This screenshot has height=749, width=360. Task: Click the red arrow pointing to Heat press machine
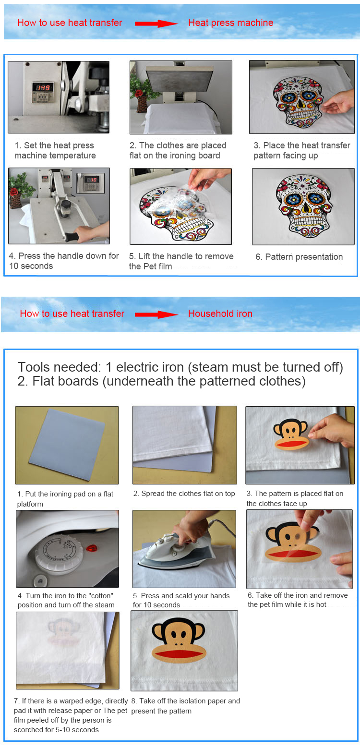coord(156,24)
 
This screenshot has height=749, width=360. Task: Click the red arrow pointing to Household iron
coord(156,314)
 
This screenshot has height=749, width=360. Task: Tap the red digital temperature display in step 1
coord(43,87)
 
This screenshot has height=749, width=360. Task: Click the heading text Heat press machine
coord(231,23)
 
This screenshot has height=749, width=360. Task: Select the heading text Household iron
coord(220,314)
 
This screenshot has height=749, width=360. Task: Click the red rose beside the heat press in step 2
coord(139,93)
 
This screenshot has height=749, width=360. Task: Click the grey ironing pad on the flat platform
coord(67,445)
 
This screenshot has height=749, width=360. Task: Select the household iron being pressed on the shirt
coord(174,552)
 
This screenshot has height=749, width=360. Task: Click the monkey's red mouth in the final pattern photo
coord(179,653)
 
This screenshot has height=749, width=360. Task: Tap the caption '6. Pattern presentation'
coord(299,257)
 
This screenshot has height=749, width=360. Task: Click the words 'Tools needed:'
coord(59,367)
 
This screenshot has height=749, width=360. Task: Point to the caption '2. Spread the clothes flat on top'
coord(184,494)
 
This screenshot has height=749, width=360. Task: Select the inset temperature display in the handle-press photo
coord(91,183)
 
